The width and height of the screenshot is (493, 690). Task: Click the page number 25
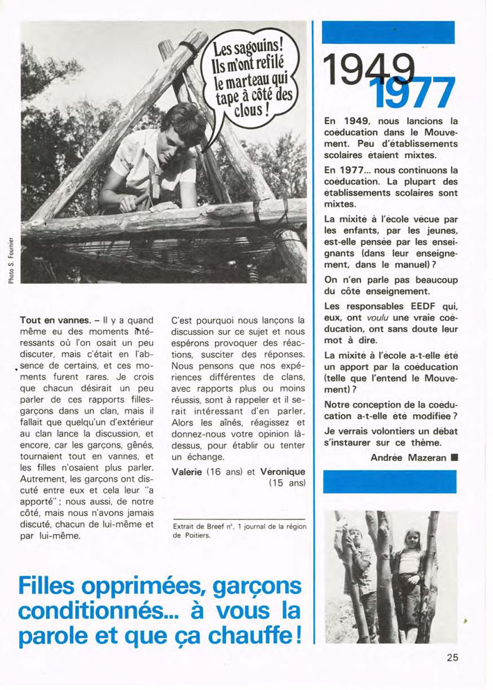pyautogui.click(x=453, y=657)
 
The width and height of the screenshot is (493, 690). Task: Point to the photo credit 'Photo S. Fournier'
pyautogui.click(x=13, y=255)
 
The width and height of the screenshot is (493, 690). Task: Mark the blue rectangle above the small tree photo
pyautogui.click(x=390, y=481)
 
